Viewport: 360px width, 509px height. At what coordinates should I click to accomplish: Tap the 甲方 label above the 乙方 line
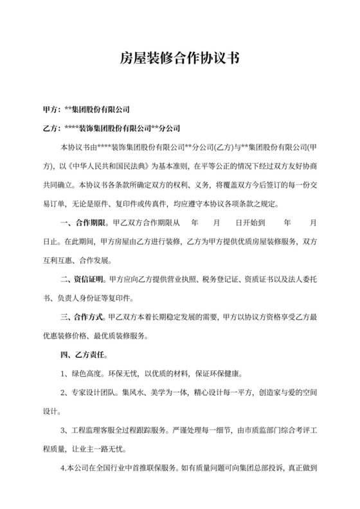(50, 110)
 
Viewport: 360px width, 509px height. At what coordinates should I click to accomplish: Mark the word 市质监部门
(253, 430)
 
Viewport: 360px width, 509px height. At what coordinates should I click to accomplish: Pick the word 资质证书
(258, 280)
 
